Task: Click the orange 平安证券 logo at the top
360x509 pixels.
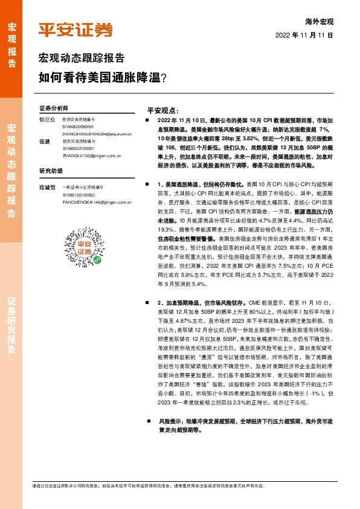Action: pyautogui.click(x=75, y=30)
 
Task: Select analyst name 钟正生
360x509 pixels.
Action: pyautogui.click(x=47, y=120)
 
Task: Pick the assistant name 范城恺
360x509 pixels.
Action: pyautogui.click(x=47, y=187)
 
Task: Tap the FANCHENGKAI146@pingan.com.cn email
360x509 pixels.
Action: pyautogui.click(x=97, y=201)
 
